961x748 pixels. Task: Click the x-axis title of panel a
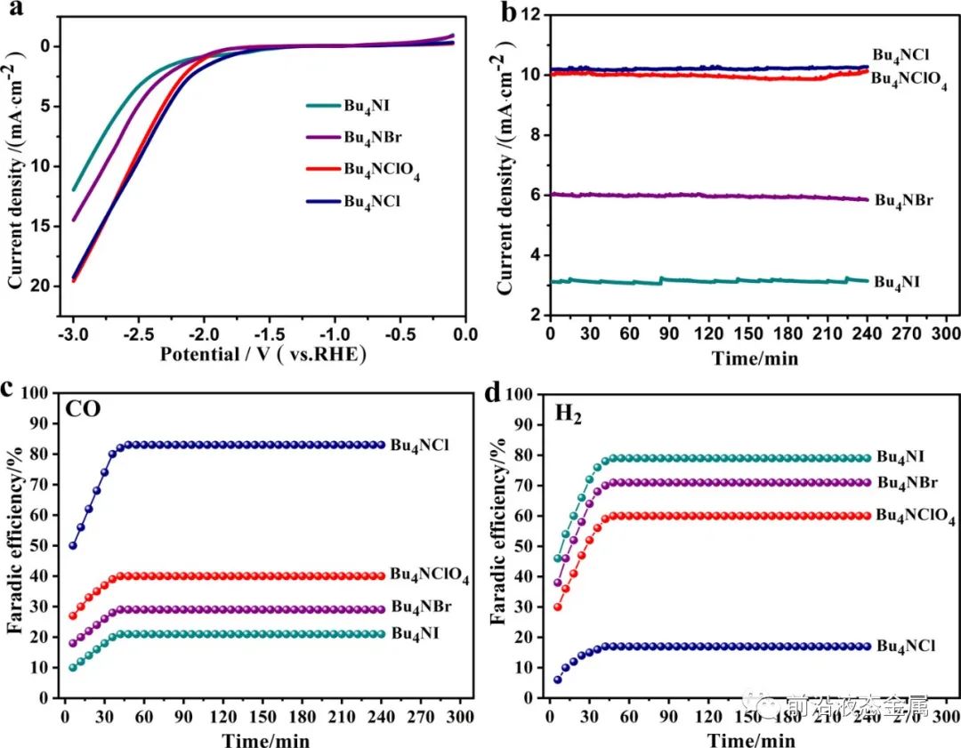(x=263, y=354)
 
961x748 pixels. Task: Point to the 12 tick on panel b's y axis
(x=531, y=15)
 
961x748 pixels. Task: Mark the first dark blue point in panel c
(x=72, y=545)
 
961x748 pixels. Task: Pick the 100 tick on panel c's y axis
(x=42, y=393)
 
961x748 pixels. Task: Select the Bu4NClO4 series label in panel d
(x=916, y=516)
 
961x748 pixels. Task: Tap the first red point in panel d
(x=558, y=607)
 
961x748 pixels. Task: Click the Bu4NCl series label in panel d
(x=905, y=646)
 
